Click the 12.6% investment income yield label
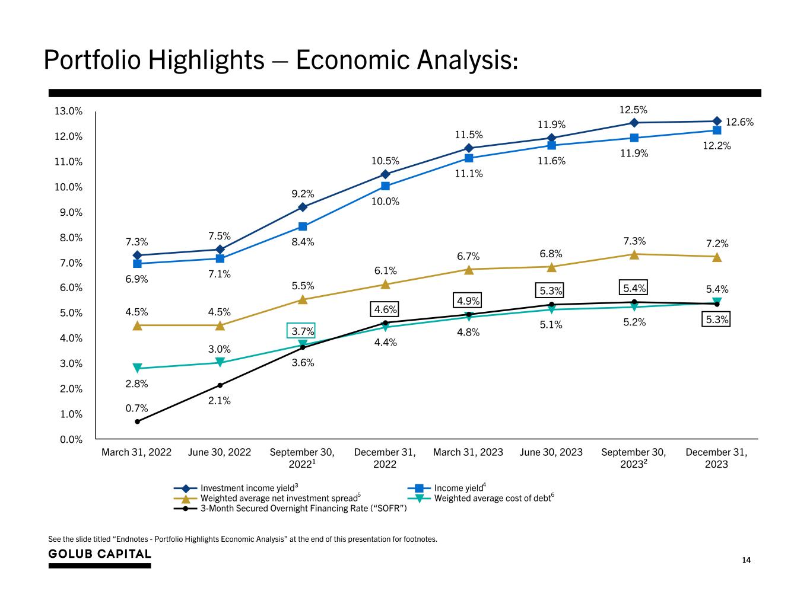pyautogui.click(x=739, y=122)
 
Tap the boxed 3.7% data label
pyautogui.click(x=303, y=331)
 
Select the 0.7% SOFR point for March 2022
pyautogui.click(x=137, y=421)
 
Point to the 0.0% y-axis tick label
pyautogui.click(x=71, y=439)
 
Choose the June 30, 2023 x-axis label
pyautogui.click(x=551, y=452)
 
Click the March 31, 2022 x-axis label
pyautogui.click(x=136, y=452)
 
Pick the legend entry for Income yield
pyautogui.click(x=458, y=488)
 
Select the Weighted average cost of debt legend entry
pyautogui.click(x=493, y=499)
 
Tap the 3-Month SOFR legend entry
pyautogui.click(x=303, y=509)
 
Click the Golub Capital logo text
pyautogui.click(x=100, y=554)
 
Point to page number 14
pyautogui.click(x=747, y=560)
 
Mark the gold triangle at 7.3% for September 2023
pyautogui.click(x=634, y=255)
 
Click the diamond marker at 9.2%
pyautogui.click(x=303, y=207)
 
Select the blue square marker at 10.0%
pyautogui.click(x=385, y=186)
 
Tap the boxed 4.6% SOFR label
pyautogui.click(x=385, y=309)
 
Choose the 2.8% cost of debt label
pyautogui.click(x=136, y=384)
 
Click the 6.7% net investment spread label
pyautogui.click(x=468, y=256)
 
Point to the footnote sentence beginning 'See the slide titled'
pyautogui.click(x=242, y=539)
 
